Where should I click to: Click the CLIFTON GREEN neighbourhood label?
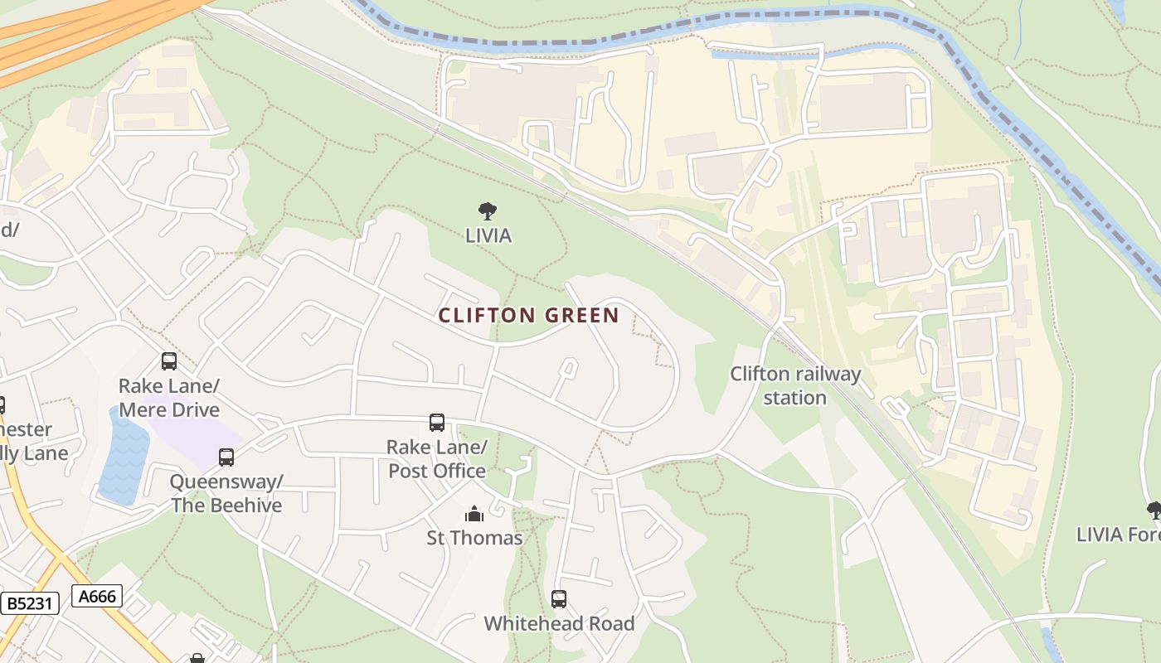(528, 316)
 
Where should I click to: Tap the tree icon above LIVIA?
(488, 211)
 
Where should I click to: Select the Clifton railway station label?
(794, 385)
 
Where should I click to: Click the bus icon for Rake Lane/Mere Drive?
(169, 361)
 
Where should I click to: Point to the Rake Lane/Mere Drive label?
(169, 398)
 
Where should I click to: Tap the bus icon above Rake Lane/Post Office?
(437, 423)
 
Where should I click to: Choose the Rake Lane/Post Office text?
(437, 459)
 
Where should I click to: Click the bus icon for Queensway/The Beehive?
(226, 457)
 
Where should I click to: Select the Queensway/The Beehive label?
(226, 493)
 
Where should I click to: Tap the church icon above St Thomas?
(474, 514)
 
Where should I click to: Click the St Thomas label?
(474, 538)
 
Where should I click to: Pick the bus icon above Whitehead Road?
(559, 598)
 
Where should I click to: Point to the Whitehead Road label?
(559, 623)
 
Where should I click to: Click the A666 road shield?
(97, 595)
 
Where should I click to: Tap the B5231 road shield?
(30, 603)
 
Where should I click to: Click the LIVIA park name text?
(488, 235)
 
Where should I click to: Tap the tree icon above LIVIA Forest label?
(1154, 510)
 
